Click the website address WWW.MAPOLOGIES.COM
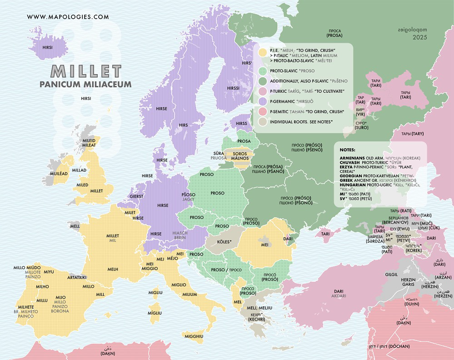click(68, 17)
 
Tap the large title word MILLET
click(86, 71)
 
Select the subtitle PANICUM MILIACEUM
click(85, 84)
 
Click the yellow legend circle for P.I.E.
click(262, 52)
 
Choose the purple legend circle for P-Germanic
click(262, 101)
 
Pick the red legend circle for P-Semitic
click(262, 111)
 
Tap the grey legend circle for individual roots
click(262, 122)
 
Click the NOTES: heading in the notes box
click(348, 150)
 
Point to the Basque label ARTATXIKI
click(77, 277)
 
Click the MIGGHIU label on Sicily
click(194, 336)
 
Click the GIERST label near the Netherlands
click(136, 197)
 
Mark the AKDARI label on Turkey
click(338, 296)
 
